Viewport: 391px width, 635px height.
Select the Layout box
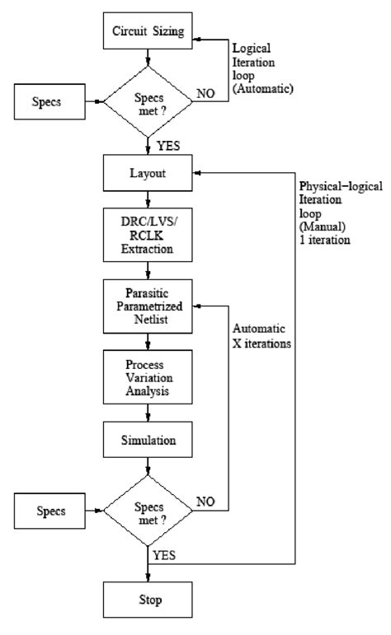[x=148, y=174]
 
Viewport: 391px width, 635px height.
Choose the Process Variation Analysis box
[x=148, y=378]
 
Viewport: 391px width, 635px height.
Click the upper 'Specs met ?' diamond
[x=148, y=100]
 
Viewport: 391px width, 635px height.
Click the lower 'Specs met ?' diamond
[x=148, y=511]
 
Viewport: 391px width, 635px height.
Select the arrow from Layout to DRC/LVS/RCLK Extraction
[x=148, y=200]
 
